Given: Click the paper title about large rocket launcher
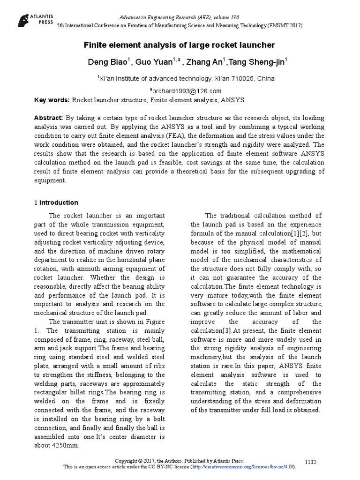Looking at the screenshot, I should [x=179, y=45].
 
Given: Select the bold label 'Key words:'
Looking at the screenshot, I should [x=52, y=100].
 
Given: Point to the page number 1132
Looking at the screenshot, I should [x=311, y=462].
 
